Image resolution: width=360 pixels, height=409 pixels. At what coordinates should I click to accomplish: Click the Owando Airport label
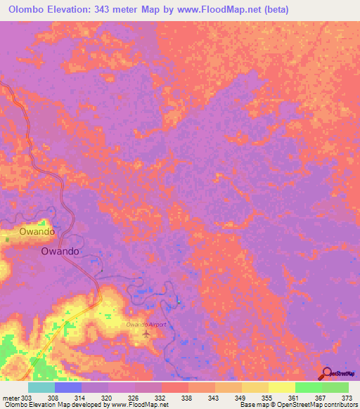[x=146, y=325]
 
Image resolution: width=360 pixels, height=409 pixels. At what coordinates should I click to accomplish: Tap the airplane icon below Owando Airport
[x=146, y=332]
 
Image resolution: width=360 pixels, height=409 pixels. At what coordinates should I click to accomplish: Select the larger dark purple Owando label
[x=59, y=251]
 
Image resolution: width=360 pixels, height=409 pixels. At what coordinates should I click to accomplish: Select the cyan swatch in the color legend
[x=41, y=387]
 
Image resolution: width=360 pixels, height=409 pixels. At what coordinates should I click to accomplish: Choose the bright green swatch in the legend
[x=308, y=387]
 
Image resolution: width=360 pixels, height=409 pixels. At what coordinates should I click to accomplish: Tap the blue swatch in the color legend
[x=67, y=387]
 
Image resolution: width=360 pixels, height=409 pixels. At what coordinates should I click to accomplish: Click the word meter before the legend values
[x=11, y=397]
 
